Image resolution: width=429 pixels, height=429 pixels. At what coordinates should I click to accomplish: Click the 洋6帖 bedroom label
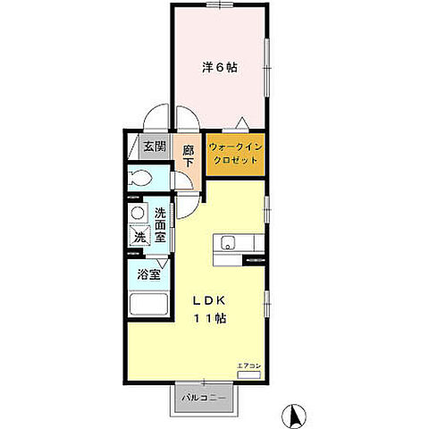(x=218, y=66)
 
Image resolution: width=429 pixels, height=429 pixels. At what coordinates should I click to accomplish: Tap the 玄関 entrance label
(x=155, y=147)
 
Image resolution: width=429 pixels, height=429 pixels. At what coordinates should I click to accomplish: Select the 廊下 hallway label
(x=188, y=157)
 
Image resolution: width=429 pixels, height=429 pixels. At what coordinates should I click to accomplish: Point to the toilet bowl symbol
(x=141, y=177)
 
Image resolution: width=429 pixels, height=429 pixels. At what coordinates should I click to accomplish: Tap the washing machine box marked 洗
(x=139, y=237)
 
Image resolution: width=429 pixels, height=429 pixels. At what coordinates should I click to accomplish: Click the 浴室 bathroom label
(x=148, y=276)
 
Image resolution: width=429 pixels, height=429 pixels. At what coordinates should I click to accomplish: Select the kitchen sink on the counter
(x=227, y=241)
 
